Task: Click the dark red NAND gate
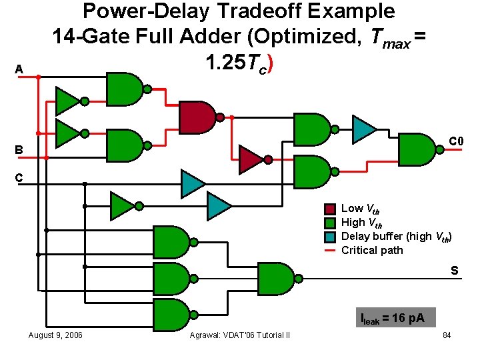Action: click(x=197, y=117)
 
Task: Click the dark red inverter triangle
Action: click(x=251, y=159)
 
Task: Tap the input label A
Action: click(x=19, y=69)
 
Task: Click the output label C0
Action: click(x=456, y=141)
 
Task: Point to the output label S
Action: click(x=454, y=271)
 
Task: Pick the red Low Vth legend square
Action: click(x=329, y=209)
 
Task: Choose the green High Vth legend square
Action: click(x=329, y=223)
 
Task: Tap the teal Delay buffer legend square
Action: click(x=329, y=237)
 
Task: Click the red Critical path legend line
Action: click(x=329, y=251)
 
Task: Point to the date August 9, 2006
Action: click(x=55, y=335)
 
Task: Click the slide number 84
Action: click(x=447, y=335)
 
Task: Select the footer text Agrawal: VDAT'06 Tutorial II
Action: click(x=240, y=335)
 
